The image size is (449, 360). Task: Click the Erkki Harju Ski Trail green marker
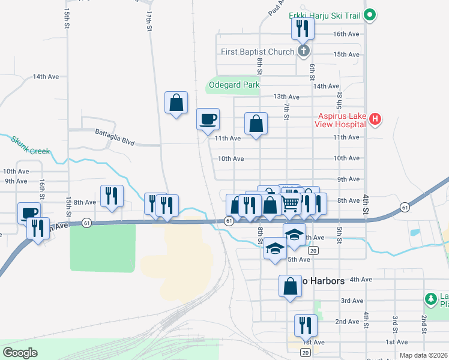click(370, 14)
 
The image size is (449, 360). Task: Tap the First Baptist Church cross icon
click(304, 51)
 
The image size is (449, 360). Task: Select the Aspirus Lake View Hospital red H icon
click(375, 119)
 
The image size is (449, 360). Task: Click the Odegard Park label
click(234, 85)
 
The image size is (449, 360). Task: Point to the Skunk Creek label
click(30, 145)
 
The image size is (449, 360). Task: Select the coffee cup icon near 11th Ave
click(208, 118)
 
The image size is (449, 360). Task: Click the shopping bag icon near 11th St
click(176, 102)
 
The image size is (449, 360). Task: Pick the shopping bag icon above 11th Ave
click(256, 124)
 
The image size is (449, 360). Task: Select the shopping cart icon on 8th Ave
click(291, 204)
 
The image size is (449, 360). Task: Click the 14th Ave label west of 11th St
click(46, 77)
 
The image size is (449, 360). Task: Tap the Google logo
click(20, 353)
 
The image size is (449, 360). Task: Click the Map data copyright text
click(423, 355)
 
